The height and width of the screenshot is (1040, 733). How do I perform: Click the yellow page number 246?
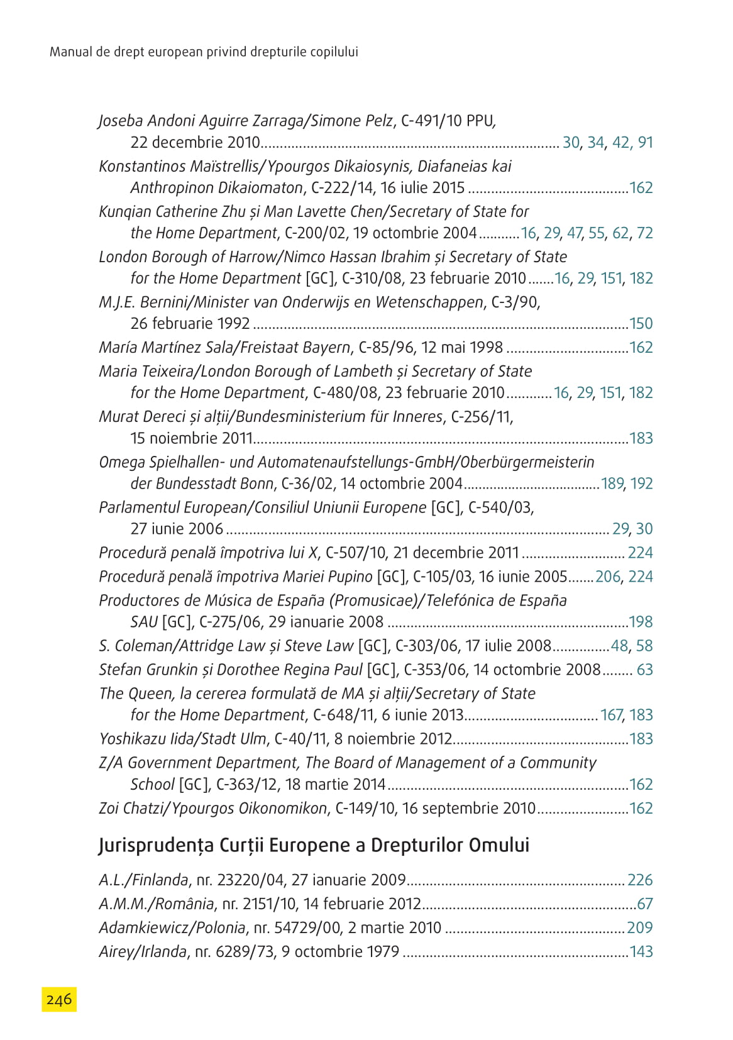(x=59, y=999)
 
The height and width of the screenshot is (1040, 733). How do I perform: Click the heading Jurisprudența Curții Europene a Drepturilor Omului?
(x=314, y=845)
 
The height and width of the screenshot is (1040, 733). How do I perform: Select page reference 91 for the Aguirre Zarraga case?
(x=646, y=143)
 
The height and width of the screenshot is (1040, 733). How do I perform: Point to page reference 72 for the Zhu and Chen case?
(x=645, y=233)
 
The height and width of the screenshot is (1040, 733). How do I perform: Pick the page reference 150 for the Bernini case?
(x=641, y=324)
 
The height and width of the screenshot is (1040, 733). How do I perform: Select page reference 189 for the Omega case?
(x=612, y=484)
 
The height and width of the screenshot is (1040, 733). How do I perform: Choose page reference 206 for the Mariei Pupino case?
(x=608, y=577)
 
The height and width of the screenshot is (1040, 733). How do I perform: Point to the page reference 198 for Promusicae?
(x=641, y=622)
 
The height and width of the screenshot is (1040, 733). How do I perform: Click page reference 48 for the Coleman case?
(x=619, y=646)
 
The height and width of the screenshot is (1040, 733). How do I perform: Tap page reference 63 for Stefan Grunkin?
(x=645, y=670)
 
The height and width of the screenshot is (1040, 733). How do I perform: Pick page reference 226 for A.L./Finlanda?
(x=641, y=880)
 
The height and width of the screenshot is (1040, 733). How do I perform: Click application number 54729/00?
(x=285, y=927)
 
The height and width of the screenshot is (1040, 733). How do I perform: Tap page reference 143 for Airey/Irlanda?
(x=641, y=951)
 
